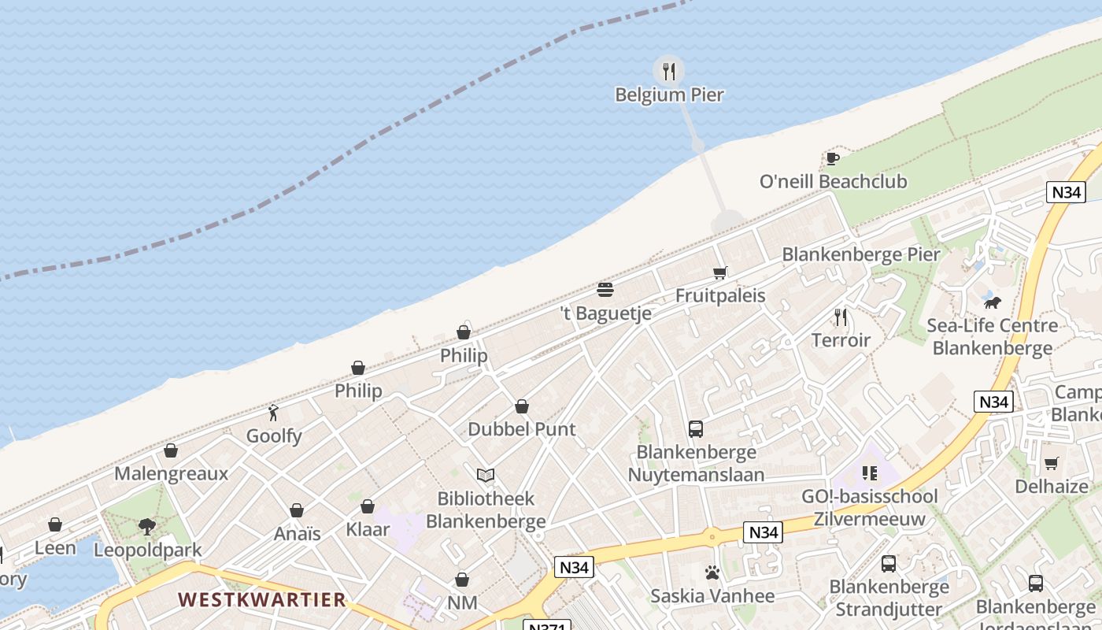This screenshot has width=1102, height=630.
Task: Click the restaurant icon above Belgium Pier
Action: pos(669,72)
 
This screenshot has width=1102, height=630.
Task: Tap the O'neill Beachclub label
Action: pos(833,182)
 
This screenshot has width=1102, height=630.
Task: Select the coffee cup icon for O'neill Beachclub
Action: pos(832,158)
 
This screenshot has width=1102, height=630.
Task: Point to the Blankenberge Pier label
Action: pos(860,254)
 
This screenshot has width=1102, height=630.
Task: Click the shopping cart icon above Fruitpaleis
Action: pos(719,273)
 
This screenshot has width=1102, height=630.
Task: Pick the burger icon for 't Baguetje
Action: pos(605,290)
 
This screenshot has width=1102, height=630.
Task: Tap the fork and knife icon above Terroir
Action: pos(841,317)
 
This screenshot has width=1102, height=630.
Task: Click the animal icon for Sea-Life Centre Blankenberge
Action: pos(992,302)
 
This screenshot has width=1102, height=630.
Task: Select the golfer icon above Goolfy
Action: pos(273,413)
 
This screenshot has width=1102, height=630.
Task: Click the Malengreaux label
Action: pos(171,473)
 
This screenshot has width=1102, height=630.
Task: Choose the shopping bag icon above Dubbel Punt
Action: pos(521,406)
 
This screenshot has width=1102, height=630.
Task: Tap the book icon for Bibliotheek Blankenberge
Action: pos(486,475)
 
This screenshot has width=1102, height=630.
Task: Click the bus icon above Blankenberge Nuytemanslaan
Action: pos(696,429)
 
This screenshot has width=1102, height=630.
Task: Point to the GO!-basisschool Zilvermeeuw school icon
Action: pos(869,473)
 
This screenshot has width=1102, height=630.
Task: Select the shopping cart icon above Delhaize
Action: pos(1051,463)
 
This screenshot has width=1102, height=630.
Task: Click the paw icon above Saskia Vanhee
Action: pos(712,573)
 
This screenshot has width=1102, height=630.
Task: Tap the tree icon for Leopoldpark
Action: pos(147,526)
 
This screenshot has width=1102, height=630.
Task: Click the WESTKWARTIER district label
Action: pos(261,599)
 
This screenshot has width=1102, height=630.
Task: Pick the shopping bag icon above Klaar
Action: pos(368,506)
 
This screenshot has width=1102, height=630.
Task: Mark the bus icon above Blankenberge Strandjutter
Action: pos(889,564)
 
